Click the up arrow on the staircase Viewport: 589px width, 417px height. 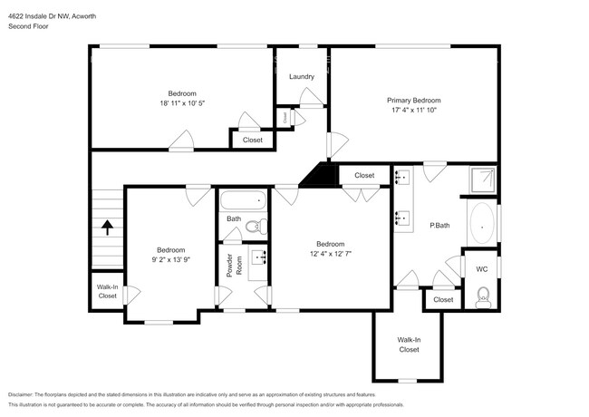point(107,227)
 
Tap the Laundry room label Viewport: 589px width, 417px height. point(302,76)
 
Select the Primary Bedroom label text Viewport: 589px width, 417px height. point(414,100)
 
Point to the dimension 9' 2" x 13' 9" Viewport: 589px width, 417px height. point(170,260)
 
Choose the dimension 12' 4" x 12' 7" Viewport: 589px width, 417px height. point(330,254)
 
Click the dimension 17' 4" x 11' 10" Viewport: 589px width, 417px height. point(414,111)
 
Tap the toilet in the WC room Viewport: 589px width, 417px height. point(482,295)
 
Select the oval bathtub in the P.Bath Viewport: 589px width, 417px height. point(482,222)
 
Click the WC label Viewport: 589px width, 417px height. point(481,268)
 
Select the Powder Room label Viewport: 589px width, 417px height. point(230,265)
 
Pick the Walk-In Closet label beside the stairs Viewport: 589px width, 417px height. point(107,291)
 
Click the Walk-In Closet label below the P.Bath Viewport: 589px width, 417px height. point(409,344)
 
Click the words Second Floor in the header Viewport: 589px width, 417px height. point(27,26)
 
